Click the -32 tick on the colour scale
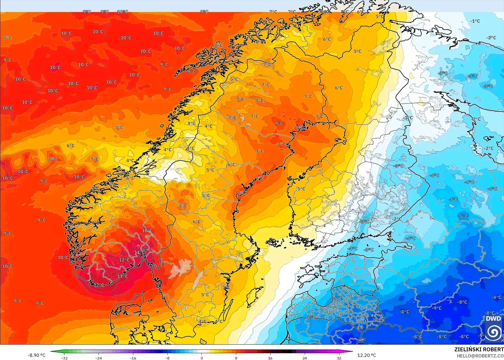click(65, 358)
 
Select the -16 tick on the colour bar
click(133, 358)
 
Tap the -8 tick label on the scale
click(167, 358)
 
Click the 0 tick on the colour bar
click(202, 358)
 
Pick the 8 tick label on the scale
click(236, 358)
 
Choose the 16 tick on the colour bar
click(270, 358)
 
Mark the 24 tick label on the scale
click(304, 358)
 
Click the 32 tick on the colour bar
click(339, 358)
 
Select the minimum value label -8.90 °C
click(36, 355)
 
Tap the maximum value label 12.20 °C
click(367, 355)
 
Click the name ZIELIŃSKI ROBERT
click(479, 349)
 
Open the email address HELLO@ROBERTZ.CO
click(480, 356)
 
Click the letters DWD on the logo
click(493, 319)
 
